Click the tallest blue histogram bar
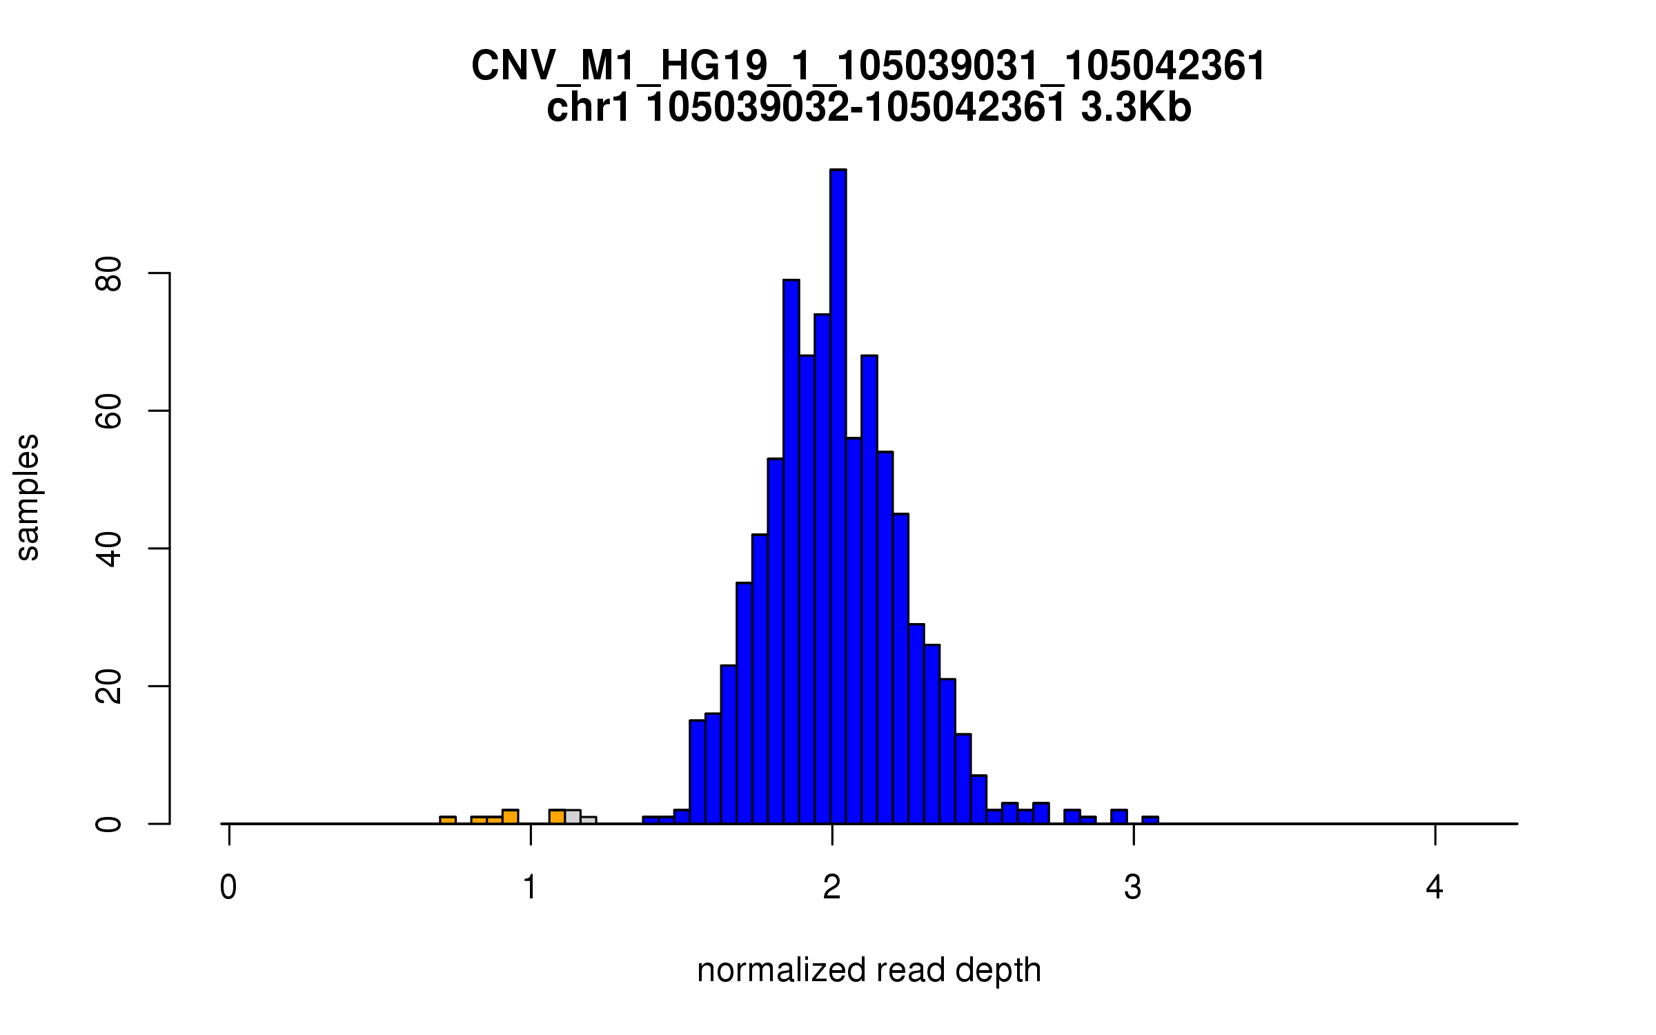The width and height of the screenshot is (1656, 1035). [838, 497]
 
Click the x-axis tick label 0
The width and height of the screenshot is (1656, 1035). [228, 888]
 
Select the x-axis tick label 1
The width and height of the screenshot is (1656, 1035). [530, 888]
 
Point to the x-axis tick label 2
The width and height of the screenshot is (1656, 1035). [832, 888]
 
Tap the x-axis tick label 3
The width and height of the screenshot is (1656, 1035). [1133, 888]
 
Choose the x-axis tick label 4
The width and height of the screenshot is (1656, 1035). [1435, 888]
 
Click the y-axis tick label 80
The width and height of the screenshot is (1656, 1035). [108, 275]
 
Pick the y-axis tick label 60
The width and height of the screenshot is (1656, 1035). [108, 412]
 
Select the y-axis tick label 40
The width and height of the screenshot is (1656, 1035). [108, 549]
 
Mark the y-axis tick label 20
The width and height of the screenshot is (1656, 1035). [108, 687]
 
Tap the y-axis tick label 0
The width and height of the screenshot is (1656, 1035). [108, 824]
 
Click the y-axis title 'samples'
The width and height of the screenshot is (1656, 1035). [28, 497]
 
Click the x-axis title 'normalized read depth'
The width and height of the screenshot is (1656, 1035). [869, 970]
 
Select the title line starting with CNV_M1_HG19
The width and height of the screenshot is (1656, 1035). [869, 67]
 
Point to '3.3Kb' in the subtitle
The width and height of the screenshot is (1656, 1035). [1136, 108]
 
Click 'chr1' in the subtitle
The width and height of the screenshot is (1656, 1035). [588, 108]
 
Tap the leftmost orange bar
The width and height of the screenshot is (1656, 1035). [448, 820]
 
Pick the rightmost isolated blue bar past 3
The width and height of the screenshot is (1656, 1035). [1150, 820]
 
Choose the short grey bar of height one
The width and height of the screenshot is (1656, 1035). [589, 820]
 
